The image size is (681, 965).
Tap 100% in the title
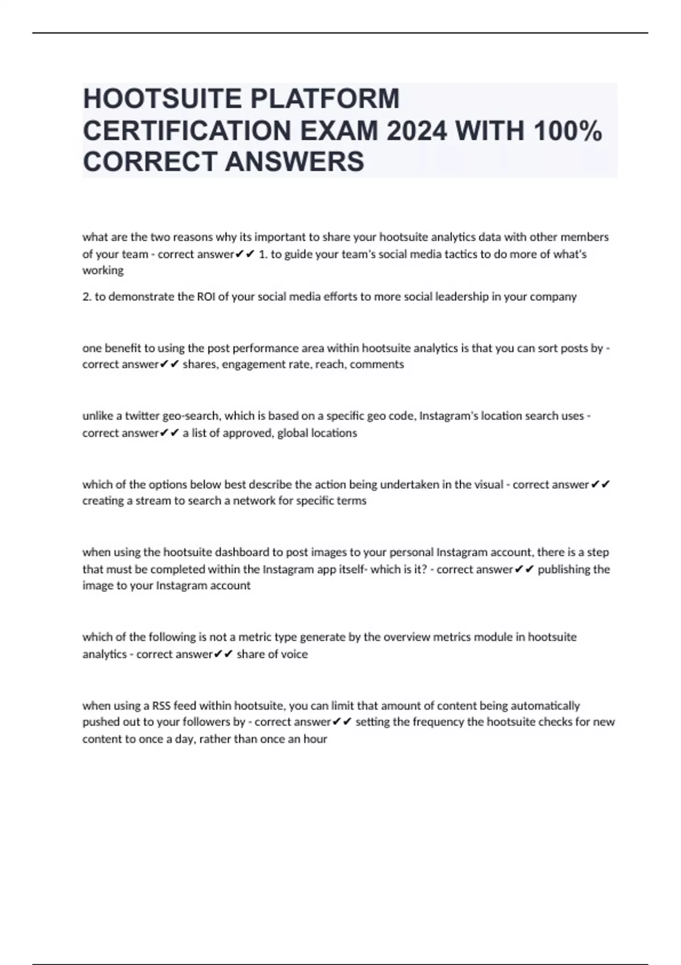567,131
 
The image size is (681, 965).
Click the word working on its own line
103,271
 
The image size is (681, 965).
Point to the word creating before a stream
103,501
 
